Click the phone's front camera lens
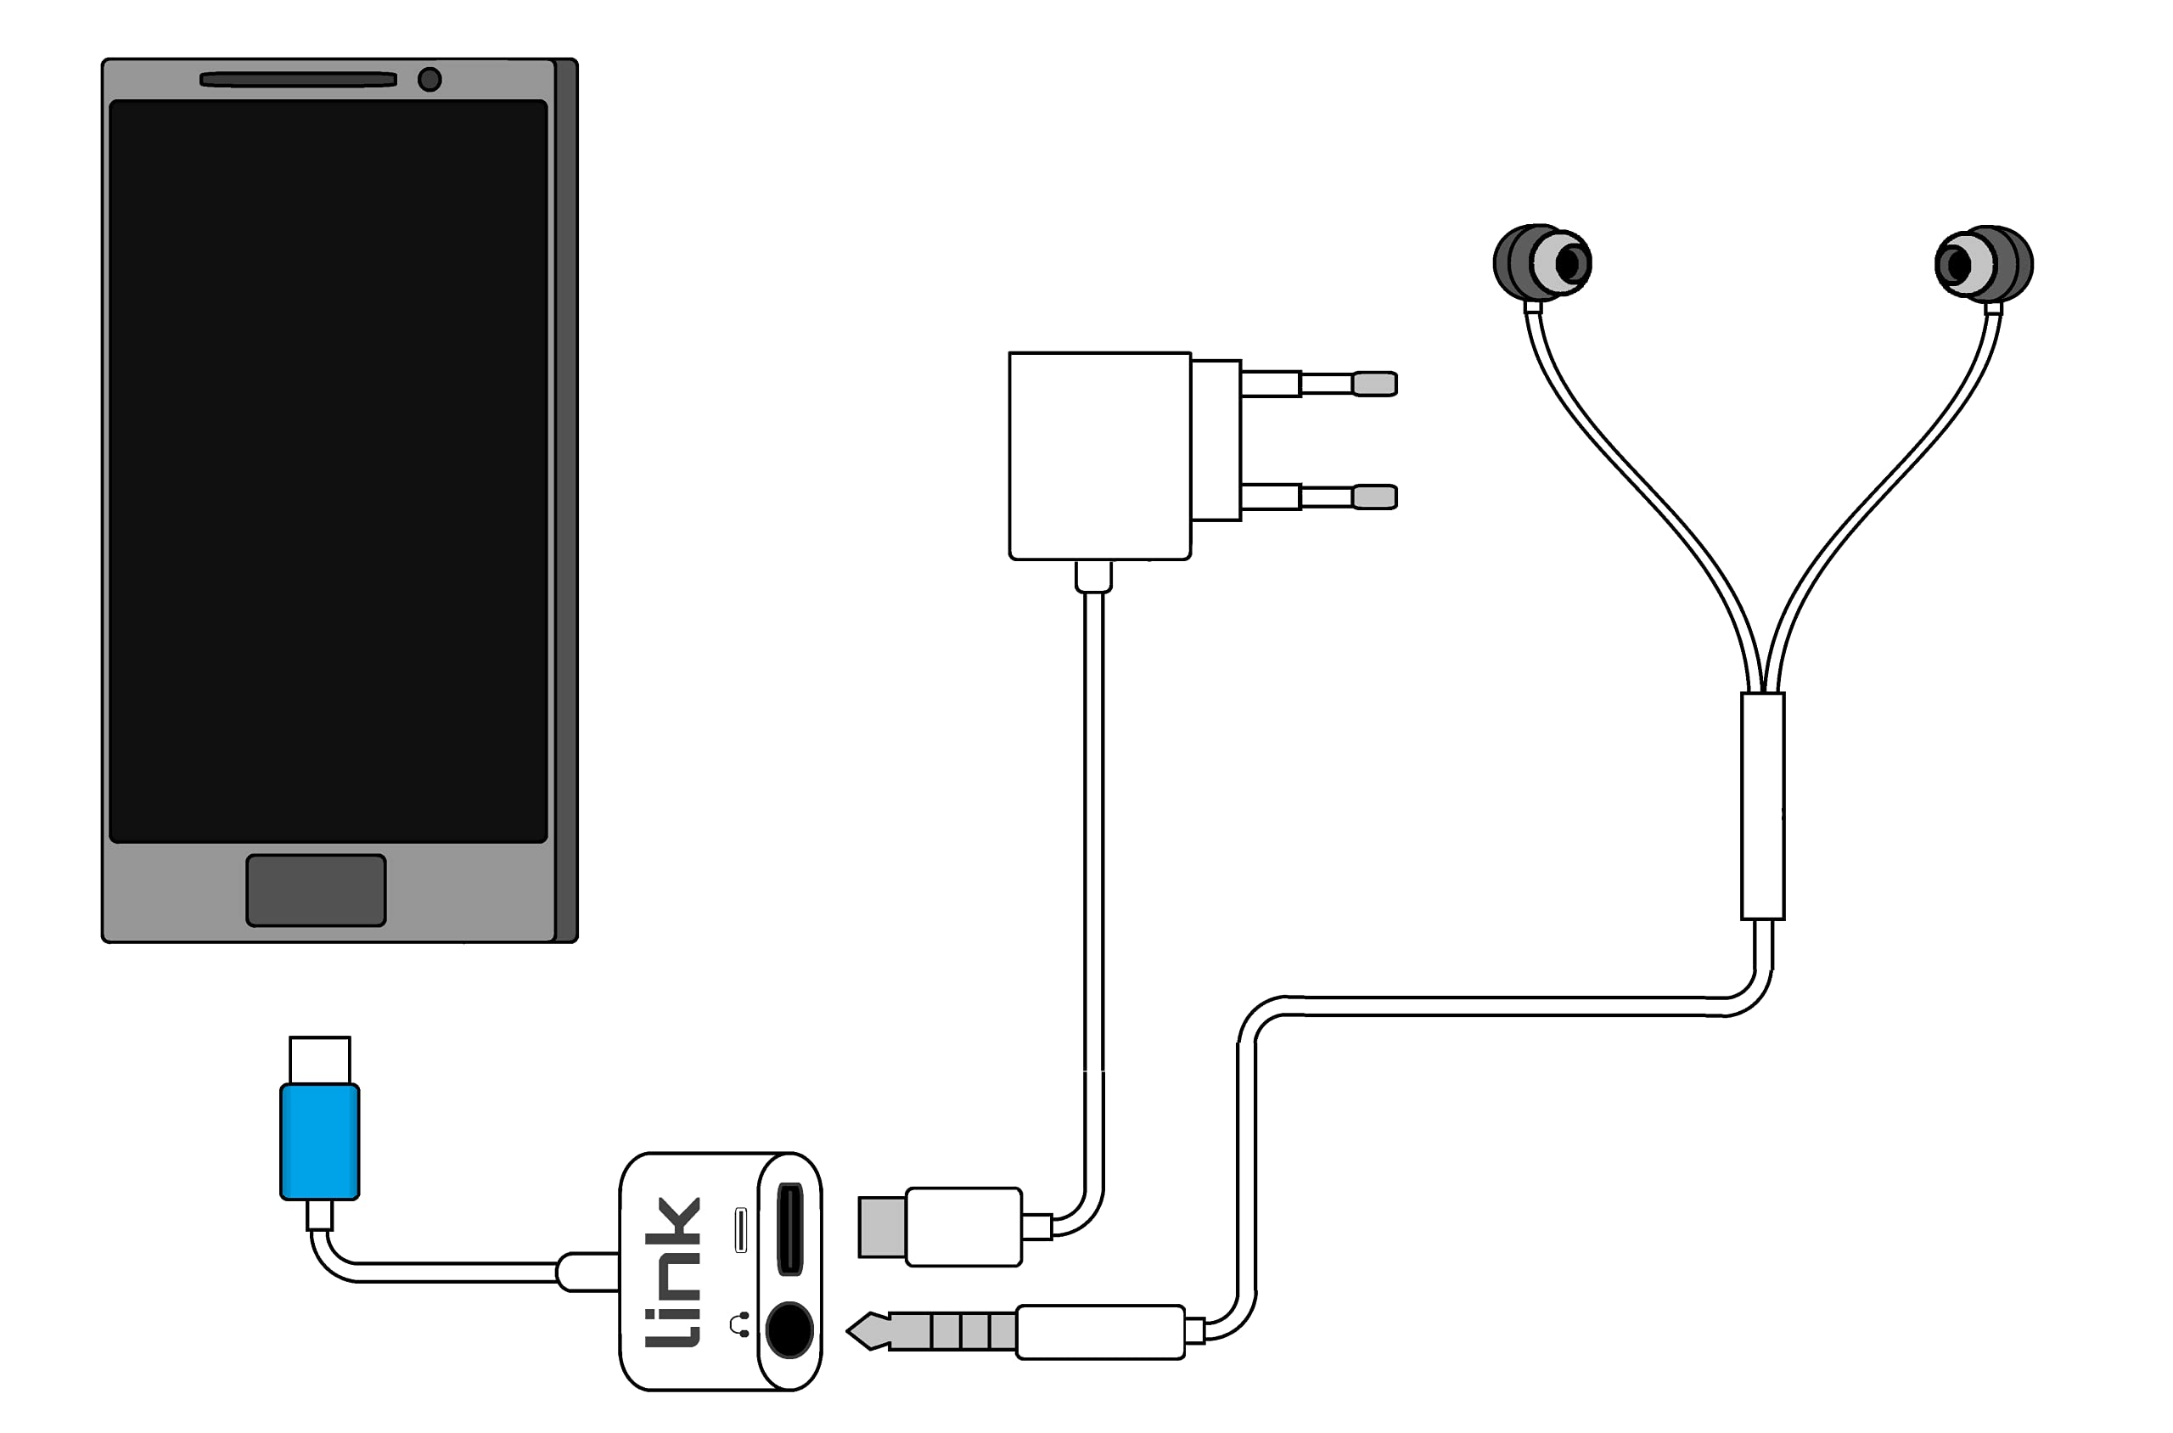pyautogui.click(x=430, y=80)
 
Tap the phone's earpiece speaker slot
pyautogui.click(x=298, y=80)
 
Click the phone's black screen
pyautogui.click(x=328, y=471)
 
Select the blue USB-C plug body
pyautogui.click(x=320, y=1142)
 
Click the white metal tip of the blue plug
pyautogui.click(x=320, y=1060)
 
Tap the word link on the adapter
pyautogui.click(x=672, y=1273)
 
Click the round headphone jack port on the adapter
pyautogui.click(x=789, y=1329)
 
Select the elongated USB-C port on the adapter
pyautogui.click(x=789, y=1228)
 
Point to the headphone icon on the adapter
pyautogui.click(x=740, y=1324)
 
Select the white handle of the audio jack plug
pyautogui.click(x=1100, y=1332)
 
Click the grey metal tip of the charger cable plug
pyautogui.click(x=882, y=1227)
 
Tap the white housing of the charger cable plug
pyautogui.click(x=963, y=1227)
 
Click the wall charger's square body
pyautogui.click(x=1099, y=455)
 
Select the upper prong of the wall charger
pyautogui.click(x=1318, y=384)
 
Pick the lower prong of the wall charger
pyautogui.click(x=1318, y=497)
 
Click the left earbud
pyautogui.click(x=1542, y=263)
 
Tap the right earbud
pyautogui.click(x=1984, y=264)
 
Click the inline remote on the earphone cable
pyautogui.click(x=1763, y=806)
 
